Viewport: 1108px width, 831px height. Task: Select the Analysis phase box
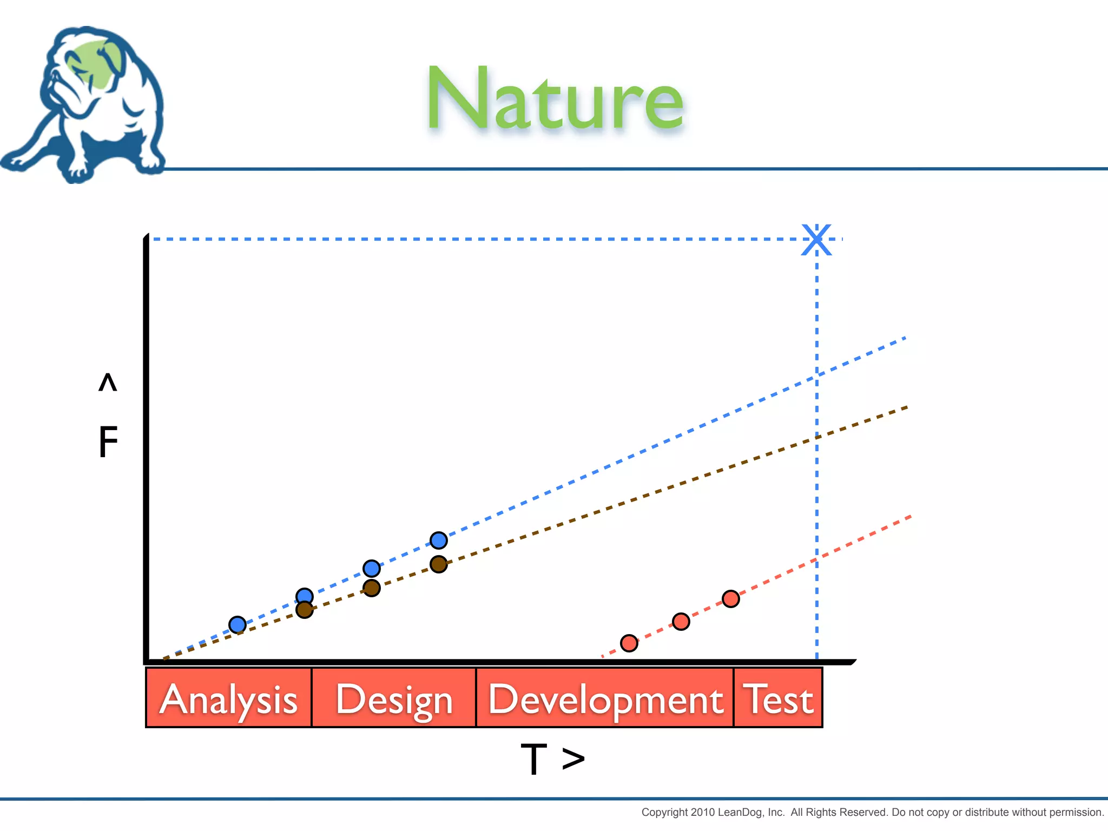pyautogui.click(x=229, y=698)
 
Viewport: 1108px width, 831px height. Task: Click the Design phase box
pyautogui.click(x=394, y=698)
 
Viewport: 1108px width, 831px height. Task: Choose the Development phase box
pyautogui.click(x=605, y=698)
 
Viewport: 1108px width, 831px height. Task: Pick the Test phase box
pyautogui.click(x=778, y=698)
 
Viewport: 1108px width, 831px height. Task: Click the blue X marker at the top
pyautogui.click(x=816, y=240)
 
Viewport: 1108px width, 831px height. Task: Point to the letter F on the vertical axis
pyautogui.click(x=108, y=441)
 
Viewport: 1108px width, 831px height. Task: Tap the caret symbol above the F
pyautogui.click(x=108, y=382)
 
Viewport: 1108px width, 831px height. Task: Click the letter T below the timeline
pyautogui.click(x=534, y=759)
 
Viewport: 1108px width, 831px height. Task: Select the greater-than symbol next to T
pyautogui.click(x=573, y=759)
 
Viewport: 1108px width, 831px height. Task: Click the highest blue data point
pyautogui.click(x=439, y=540)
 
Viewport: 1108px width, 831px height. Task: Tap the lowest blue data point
pyautogui.click(x=238, y=625)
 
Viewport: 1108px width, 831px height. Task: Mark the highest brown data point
pyautogui.click(x=439, y=564)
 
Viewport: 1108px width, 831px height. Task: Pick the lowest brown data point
pyautogui.click(x=305, y=610)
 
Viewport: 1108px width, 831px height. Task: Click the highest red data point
pyautogui.click(x=731, y=599)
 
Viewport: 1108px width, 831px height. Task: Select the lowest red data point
pyautogui.click(x=629, y=643)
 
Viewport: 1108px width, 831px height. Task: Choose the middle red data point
pyautogui.click(x=681, y=622)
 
